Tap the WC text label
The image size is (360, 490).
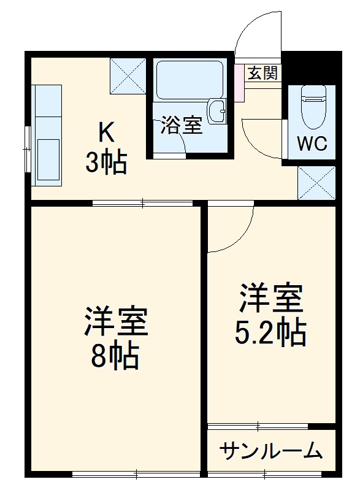click(312, 144)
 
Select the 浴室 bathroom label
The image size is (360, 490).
click(182, 126)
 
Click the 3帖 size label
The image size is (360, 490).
click(106, 162)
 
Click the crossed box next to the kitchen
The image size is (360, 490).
click(128, 75)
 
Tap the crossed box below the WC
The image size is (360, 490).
click(316, 182)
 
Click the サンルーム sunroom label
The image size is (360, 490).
click(271, 451)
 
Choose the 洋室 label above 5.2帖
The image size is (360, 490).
click(270, 299)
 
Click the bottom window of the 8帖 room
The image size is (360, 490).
click(136, 473)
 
